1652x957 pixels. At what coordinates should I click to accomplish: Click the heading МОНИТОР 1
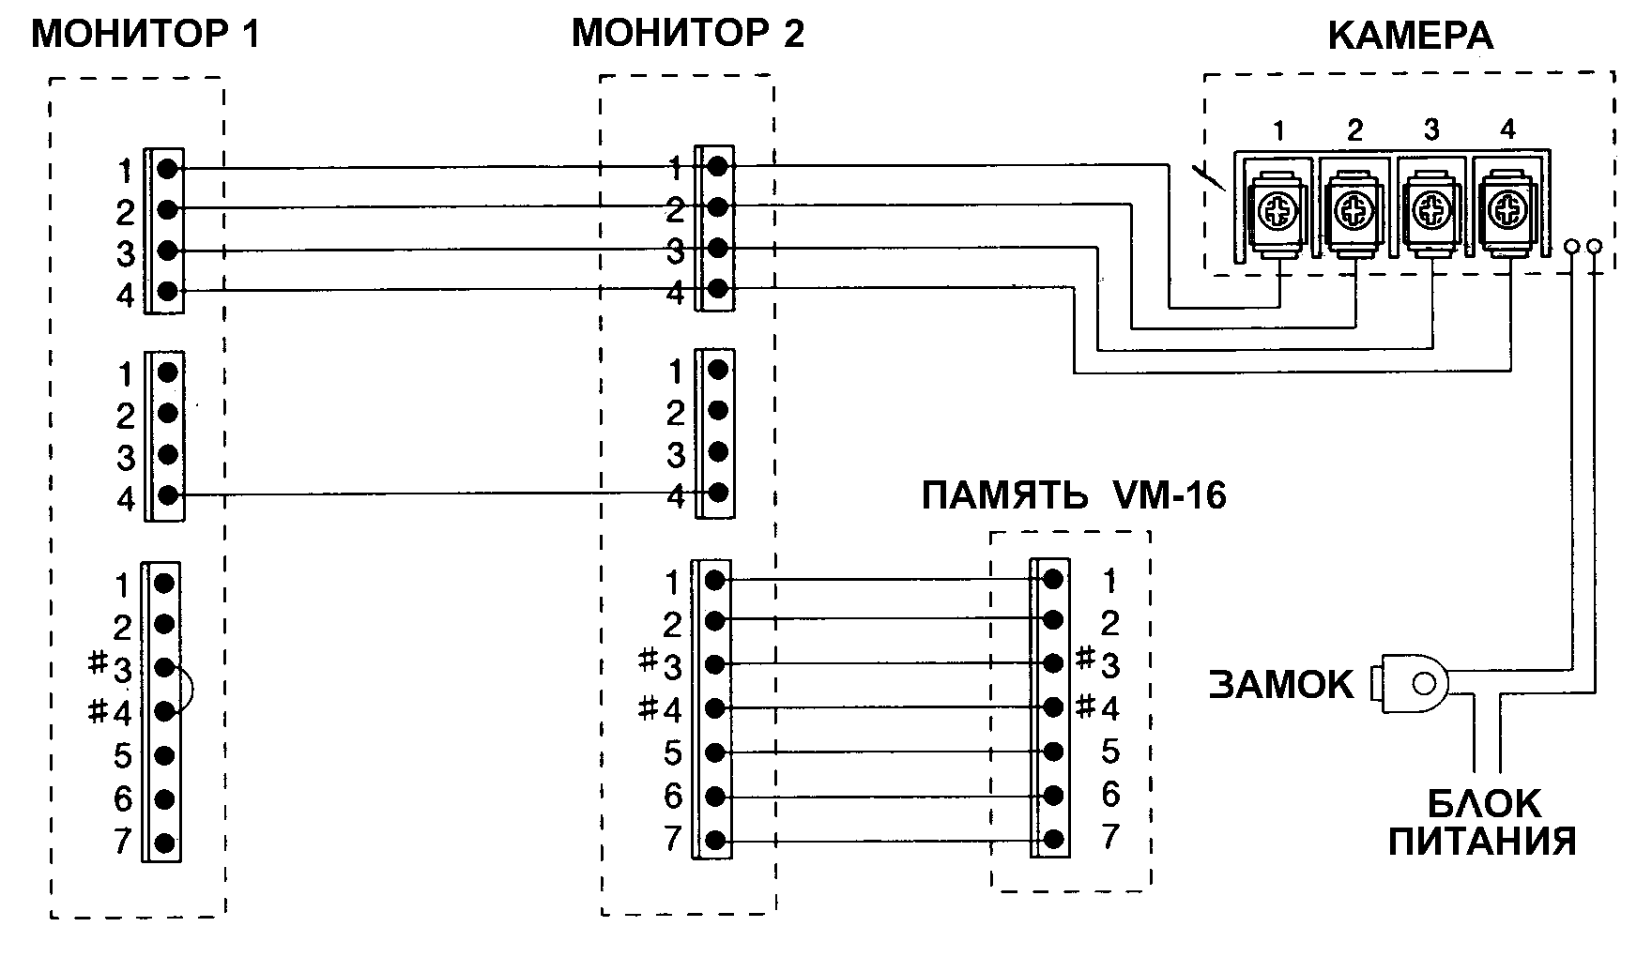145,35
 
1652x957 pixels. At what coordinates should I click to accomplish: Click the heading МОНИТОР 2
688,34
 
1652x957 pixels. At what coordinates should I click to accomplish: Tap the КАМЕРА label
1411,36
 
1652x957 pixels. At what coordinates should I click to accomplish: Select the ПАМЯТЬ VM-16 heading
1074,494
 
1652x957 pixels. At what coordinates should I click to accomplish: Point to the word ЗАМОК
1281,685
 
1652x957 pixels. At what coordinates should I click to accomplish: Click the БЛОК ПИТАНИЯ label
1483,822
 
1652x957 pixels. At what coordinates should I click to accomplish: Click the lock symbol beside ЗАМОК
1410,683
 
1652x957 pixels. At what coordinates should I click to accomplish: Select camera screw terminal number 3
1431,209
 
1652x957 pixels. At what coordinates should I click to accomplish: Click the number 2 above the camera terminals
1354,130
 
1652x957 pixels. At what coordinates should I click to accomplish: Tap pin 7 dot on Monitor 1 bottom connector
164,842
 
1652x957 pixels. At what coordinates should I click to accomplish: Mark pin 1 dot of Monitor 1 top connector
167,169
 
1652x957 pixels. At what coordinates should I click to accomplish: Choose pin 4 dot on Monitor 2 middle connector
718,492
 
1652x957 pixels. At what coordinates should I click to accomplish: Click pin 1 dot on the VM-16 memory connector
1053,579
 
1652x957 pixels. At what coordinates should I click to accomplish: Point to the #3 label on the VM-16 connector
1098,662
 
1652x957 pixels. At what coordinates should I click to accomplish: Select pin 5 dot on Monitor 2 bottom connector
714,752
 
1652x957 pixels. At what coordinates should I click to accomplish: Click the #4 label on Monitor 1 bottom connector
110,712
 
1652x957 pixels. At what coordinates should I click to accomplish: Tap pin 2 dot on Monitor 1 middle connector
168,413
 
